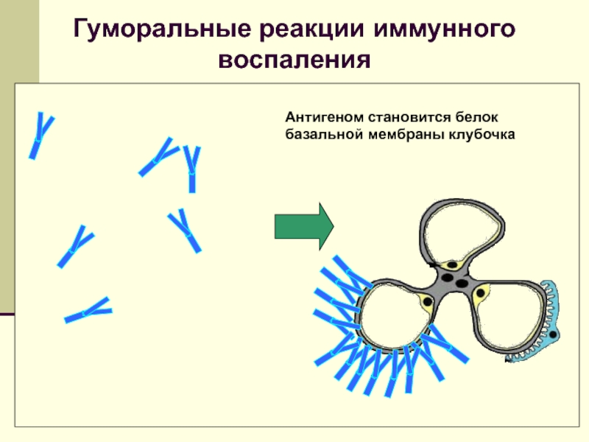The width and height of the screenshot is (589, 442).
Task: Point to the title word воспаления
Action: pos(294,59)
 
